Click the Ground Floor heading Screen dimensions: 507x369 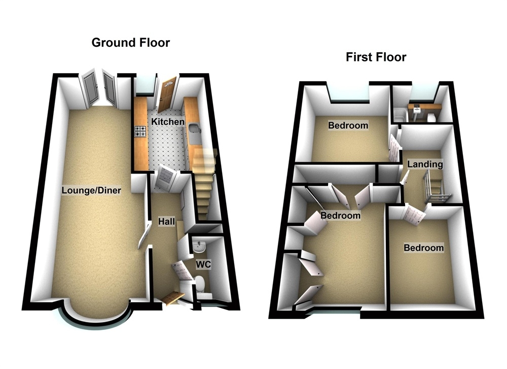[130, 43]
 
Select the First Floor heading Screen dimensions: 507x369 [376, 57]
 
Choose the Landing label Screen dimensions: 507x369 [425, 164]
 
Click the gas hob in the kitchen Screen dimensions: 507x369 [139, 132]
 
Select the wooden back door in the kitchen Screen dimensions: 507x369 [166, 95]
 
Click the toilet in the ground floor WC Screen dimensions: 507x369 [201, 283]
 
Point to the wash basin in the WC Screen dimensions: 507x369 [199, 247]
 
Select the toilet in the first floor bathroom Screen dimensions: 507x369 [431, 117]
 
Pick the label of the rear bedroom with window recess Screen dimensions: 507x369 [348, 125]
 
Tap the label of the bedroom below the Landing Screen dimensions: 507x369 [423, 248]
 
